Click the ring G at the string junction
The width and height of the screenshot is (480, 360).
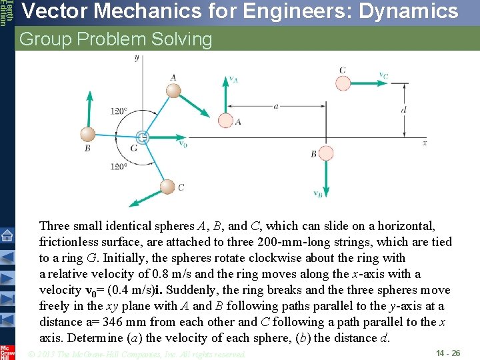click(x=141, y=137)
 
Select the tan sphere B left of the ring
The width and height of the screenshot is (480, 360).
click(x=87, y=134)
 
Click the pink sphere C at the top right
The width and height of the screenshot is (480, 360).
click(x=342, y=83)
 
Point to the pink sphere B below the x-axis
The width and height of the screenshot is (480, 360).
click(x=327, y=154)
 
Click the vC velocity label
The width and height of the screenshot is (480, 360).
click(x=383, y=76)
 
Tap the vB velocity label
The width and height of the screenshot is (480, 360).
click(x=319, y=194)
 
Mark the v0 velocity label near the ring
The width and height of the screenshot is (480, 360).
click(x=183, y=143)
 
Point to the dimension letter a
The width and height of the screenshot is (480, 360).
click(x=275, y=105)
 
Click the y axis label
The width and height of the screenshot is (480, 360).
click(x=137, y=58)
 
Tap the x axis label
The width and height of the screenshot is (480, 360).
click(x=425, y=142)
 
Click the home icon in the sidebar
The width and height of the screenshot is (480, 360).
click(x=7, y=235)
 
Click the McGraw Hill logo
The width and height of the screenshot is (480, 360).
click(x=7, y=351)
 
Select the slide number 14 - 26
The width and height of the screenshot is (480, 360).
click(x=447, y=352)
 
